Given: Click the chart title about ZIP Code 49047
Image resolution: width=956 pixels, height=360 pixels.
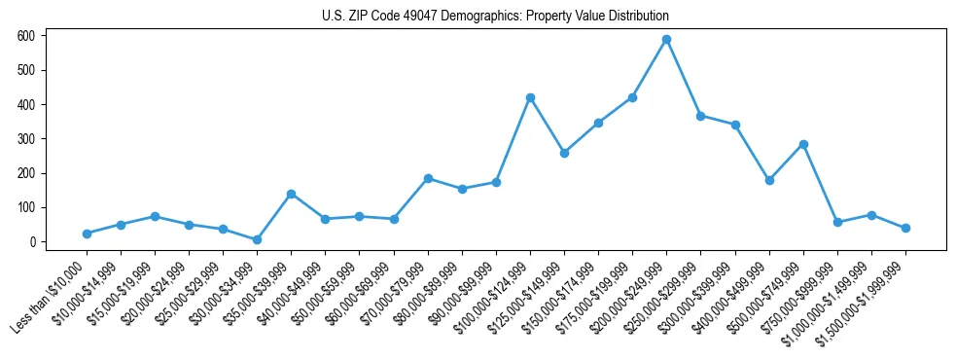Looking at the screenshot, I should coord(495,17).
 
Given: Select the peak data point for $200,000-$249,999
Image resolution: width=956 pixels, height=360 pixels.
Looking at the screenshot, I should coord(667,40).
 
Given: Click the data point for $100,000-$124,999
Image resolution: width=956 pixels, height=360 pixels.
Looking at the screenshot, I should coord(530,97).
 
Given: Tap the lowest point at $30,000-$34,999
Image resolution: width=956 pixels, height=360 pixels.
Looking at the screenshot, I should coord(257,239).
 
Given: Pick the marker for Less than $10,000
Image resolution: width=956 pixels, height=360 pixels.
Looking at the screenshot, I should coord(87,234).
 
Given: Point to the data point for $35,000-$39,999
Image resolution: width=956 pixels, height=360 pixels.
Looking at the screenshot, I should coord(291,194).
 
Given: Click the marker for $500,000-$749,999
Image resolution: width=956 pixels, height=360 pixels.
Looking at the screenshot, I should coord(803,144).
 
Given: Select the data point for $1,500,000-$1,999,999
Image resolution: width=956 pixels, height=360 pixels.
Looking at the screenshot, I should coord(905,228).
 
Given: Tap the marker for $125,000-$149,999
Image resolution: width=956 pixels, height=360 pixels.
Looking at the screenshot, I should coord(564,153).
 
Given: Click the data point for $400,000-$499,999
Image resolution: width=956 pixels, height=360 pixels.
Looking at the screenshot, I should coord(769,180).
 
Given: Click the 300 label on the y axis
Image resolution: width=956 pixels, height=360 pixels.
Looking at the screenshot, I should coord(27,139).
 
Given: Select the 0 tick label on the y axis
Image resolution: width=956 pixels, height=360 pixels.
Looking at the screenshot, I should coord(33,242).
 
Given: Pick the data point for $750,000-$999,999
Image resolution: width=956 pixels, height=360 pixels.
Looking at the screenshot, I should coord(837,222).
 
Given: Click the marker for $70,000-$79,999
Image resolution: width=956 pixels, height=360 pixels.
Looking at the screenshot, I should coord(428,178).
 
